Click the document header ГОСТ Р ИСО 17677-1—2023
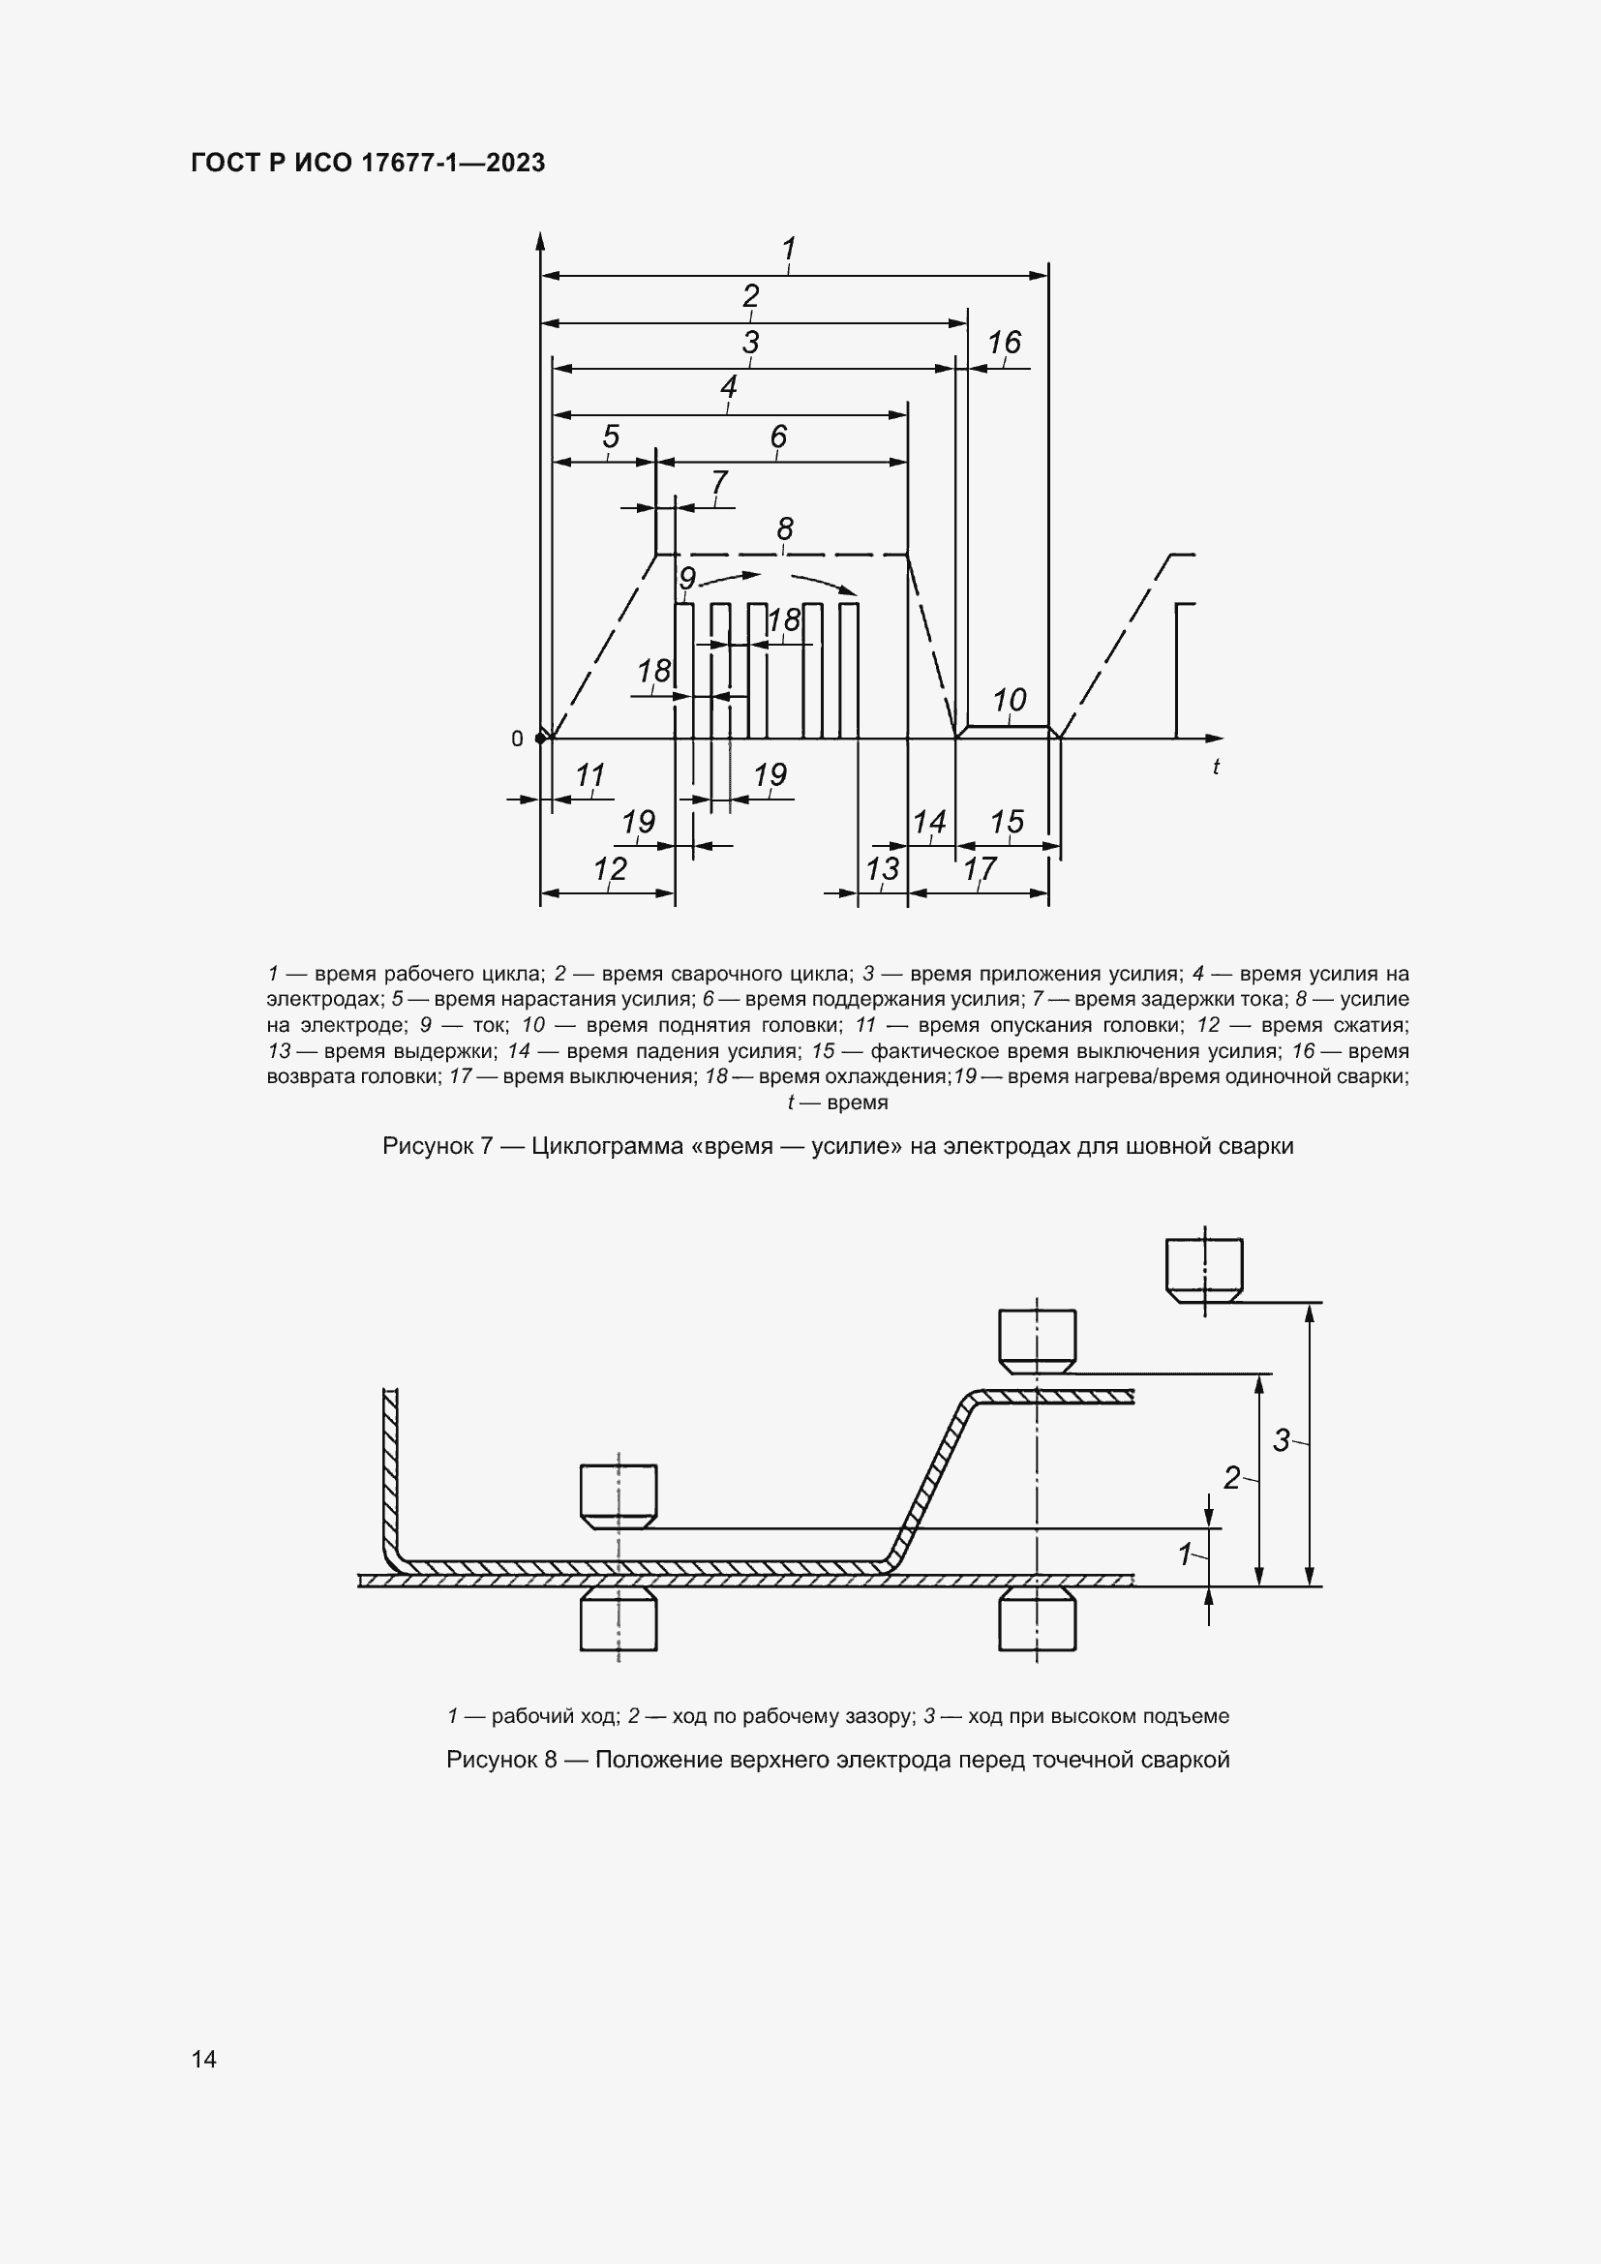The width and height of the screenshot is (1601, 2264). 368,163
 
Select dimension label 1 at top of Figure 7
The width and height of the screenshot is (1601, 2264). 789,249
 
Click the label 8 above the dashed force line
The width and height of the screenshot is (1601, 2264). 785,528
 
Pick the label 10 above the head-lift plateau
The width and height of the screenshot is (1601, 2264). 1009,700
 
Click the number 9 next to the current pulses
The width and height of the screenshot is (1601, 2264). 687,578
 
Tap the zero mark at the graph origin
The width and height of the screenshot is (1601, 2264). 517,739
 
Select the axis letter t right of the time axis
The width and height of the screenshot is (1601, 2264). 1216,767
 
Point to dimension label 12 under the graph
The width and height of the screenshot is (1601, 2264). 610,868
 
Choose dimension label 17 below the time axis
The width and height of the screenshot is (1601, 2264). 980,868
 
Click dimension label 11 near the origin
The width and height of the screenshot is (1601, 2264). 589,775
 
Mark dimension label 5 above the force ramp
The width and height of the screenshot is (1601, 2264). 610,436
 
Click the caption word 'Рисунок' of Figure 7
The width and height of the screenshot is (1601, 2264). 423,1146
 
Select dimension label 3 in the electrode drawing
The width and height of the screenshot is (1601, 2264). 1281,1440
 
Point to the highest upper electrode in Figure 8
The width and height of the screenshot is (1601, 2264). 1204,1271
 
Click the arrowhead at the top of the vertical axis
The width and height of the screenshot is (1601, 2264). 540,240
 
